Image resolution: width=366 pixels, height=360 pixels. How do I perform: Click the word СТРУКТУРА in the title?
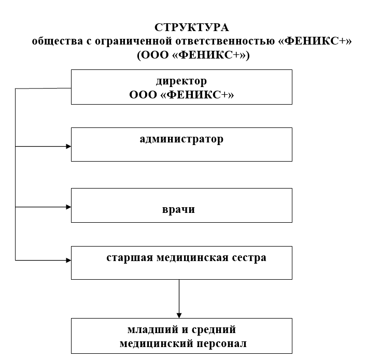(x=192, y=27)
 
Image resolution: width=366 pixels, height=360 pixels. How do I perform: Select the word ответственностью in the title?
(x=225, y=41)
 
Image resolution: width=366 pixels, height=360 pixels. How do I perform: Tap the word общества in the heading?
(x=58, y=41)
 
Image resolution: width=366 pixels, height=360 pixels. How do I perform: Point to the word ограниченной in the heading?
(x=133, y=42)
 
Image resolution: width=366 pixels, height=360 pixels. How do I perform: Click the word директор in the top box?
(x=181, y=81)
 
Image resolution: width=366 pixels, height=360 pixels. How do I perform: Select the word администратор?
(x=181, y=139)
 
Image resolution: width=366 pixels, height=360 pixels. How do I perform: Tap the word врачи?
(x=178, y=209)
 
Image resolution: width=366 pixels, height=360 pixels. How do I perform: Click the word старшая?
(x=130, y=258)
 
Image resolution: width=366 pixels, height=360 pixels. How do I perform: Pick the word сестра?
(x=249, y=257)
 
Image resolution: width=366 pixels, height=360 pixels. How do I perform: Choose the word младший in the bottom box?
(x=152, y=330)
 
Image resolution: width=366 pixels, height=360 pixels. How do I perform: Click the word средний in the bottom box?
(x=214, y=330)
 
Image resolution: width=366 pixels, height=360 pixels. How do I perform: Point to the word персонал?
(x=221, y=343)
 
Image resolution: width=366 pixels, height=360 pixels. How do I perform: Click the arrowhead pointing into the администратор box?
(x=68, y=147)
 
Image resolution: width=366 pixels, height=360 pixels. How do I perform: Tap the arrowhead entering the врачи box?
(x=68, y=207)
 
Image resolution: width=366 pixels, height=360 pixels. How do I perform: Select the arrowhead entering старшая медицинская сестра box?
(x=68, y=260)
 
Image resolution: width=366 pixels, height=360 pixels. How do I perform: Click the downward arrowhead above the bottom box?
(x=179, y=315)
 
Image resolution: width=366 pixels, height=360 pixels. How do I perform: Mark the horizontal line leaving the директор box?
(x=43, y=89)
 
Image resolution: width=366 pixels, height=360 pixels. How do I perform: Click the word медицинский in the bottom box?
(x=157, y=343)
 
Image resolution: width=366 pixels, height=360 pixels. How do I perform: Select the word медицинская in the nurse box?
(x=192, y=258)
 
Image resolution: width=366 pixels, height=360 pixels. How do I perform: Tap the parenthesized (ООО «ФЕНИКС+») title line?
(x=193, y=55)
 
